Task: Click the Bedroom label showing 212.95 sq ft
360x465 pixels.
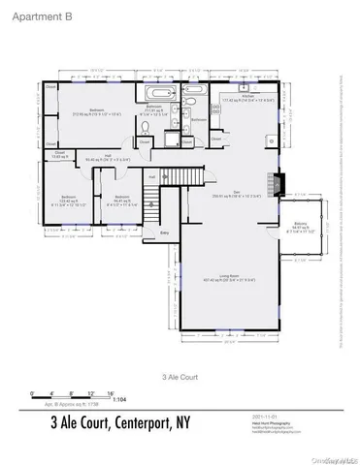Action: coord(97,110)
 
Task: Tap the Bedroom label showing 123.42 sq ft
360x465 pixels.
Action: coord(61,201)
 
